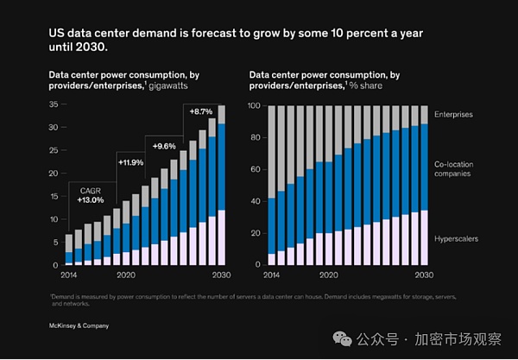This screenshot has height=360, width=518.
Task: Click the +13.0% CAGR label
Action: coord(91,199)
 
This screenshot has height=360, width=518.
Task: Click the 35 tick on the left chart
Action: coord(53,105)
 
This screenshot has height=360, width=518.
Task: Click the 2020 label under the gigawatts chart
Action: coord(127,275)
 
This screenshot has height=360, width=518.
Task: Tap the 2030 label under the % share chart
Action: coord(424,275)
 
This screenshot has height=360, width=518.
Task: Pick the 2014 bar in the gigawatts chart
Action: coord(69,249)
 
